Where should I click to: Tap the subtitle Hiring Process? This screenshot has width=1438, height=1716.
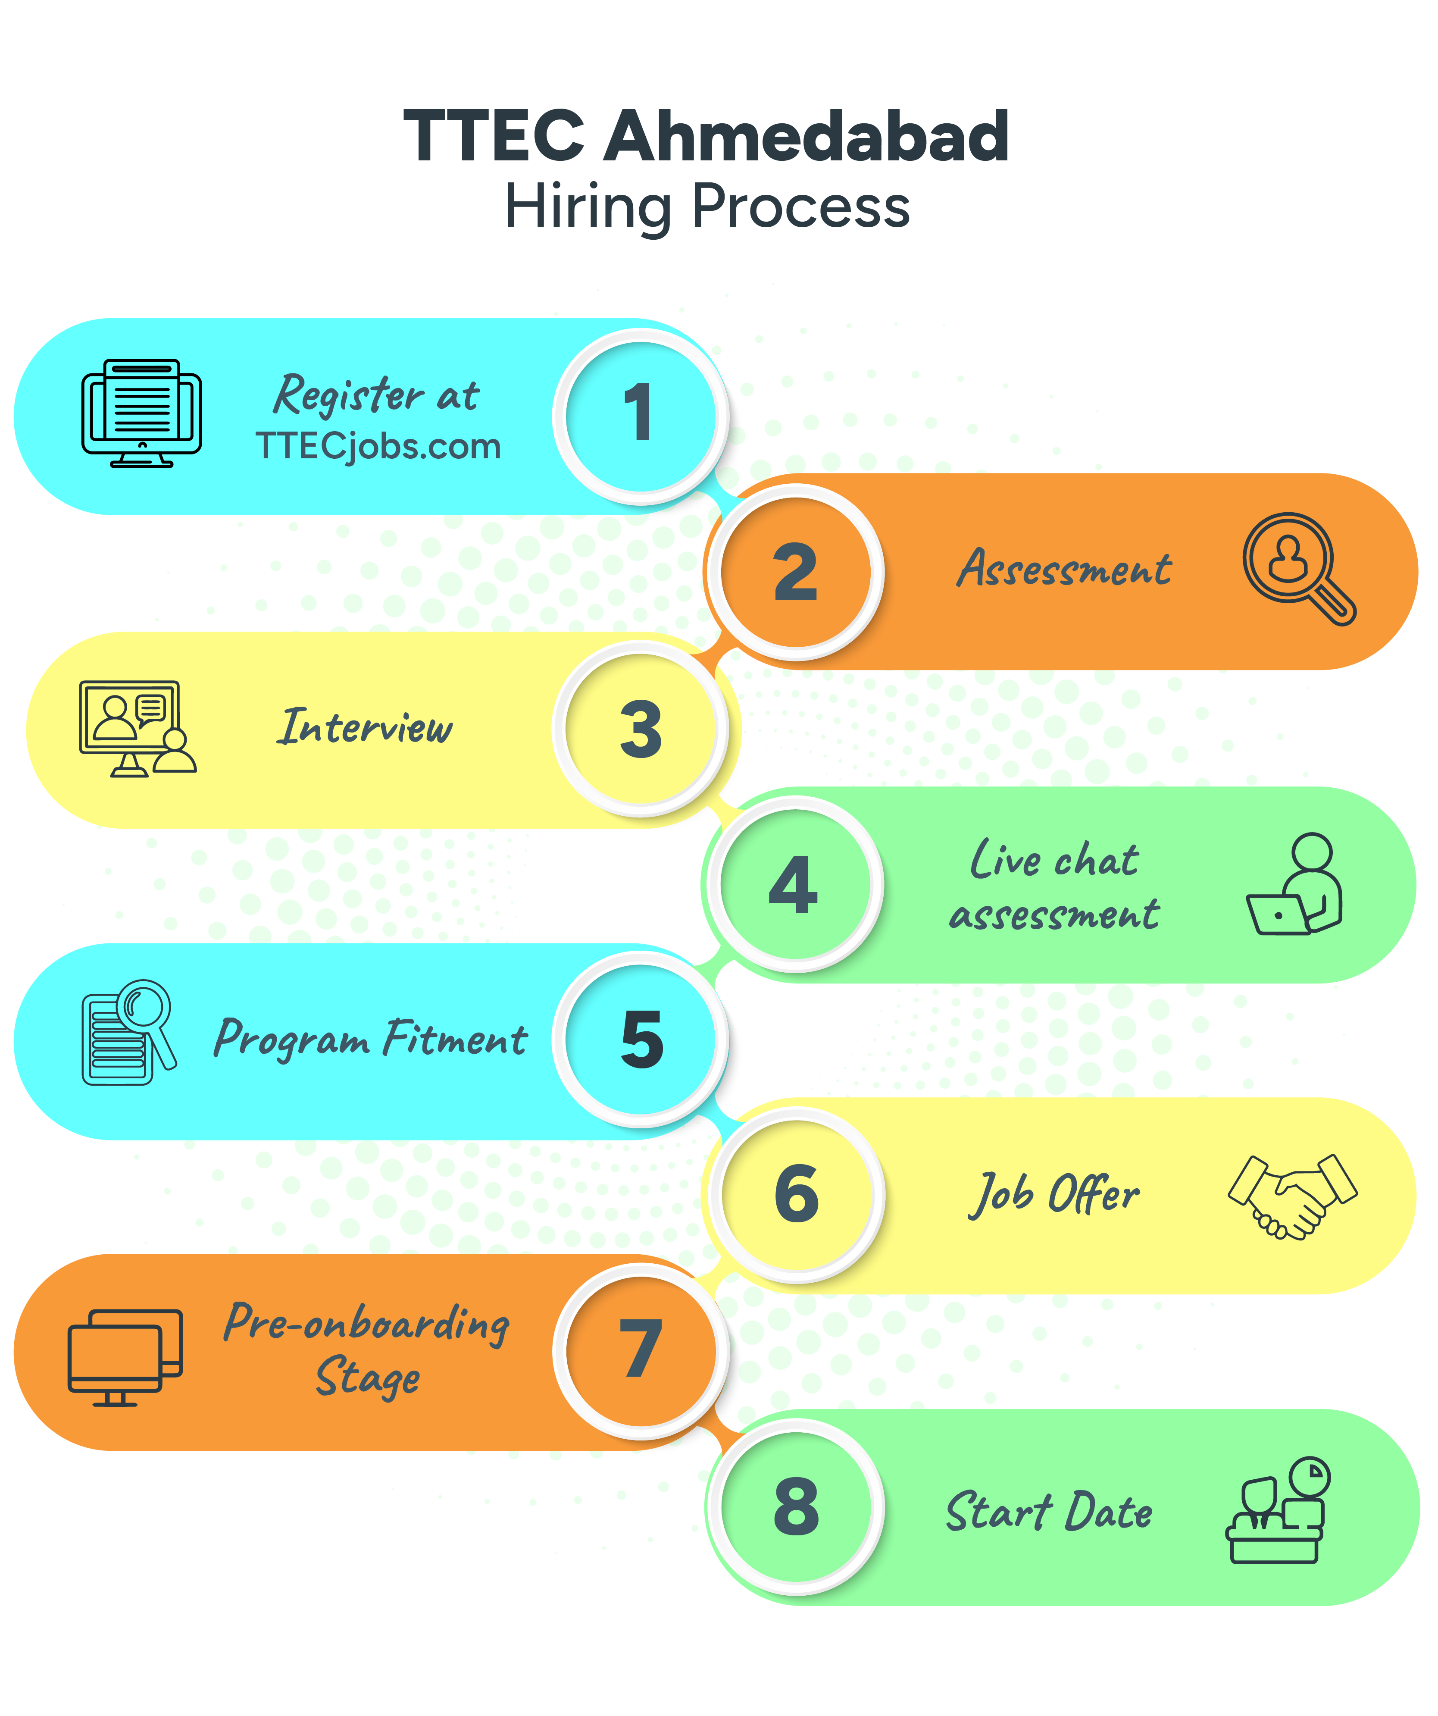(x=707, y=207)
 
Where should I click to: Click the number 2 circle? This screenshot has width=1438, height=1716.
(x=795, y=572)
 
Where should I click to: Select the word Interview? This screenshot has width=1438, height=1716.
(x=365, y=726)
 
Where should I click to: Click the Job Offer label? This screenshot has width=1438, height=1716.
(x=1054, y=1195)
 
